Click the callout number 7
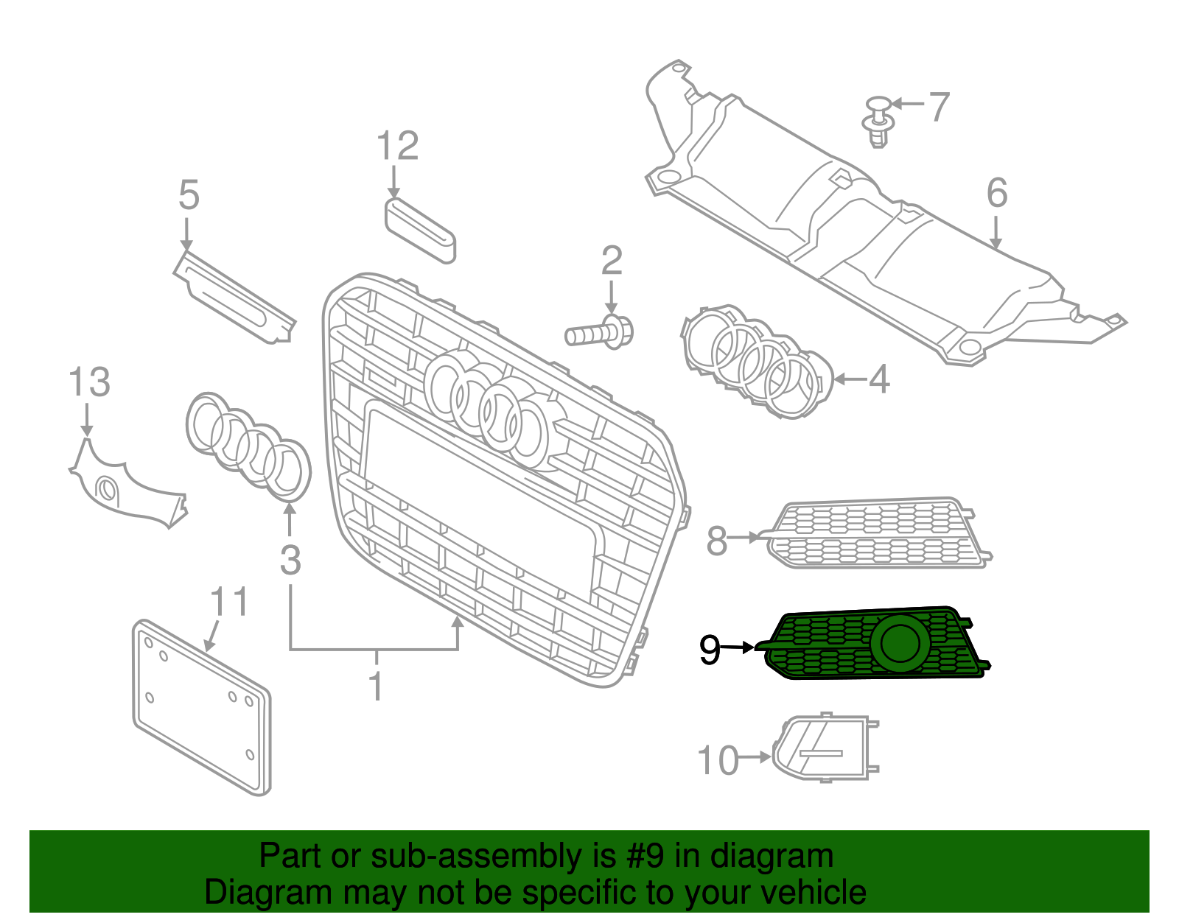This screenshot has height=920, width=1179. [939, 107]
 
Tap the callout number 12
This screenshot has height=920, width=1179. [397, 146]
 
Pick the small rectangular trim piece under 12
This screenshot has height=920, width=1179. [420, 229]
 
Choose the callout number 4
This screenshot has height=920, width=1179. [879, 379]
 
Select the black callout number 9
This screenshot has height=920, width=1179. [710, 650]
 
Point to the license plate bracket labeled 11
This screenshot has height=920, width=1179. [201, 707]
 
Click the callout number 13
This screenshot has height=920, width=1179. [89, 382]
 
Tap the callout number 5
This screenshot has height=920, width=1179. [189, 196]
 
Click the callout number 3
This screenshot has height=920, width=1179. [290, 561]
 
